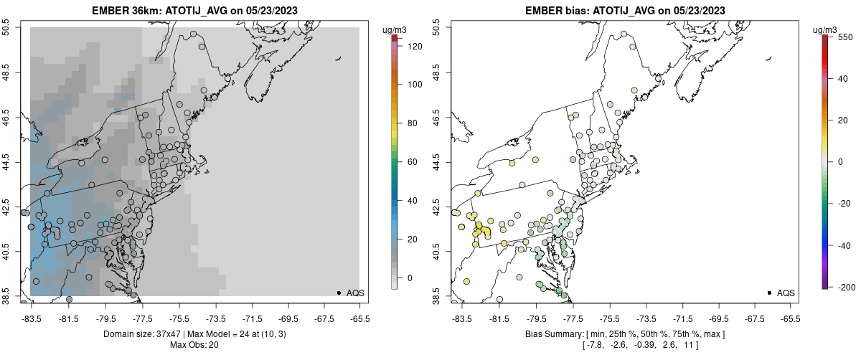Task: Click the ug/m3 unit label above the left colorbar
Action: (395, 29)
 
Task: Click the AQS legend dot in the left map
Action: (339, 293)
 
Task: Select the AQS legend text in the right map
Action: (786, 293)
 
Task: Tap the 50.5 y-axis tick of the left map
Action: (7, 28)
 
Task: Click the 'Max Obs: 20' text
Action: (194, 345)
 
